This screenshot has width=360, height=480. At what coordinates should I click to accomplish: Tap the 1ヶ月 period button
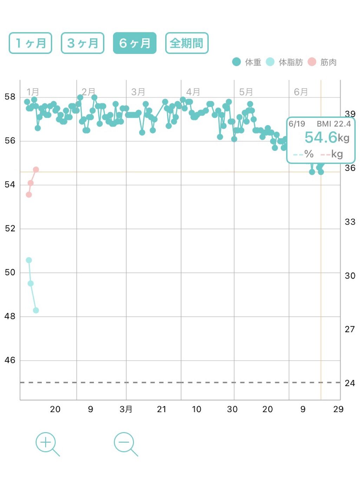30,43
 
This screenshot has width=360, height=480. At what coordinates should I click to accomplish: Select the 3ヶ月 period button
83,43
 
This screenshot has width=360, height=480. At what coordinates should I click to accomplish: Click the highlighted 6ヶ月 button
135,43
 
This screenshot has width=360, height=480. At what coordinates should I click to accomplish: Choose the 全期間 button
187,43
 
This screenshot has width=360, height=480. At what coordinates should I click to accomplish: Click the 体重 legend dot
236,62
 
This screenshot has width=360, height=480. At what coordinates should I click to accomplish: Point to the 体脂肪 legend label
290,62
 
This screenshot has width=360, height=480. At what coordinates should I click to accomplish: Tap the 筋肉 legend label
328,62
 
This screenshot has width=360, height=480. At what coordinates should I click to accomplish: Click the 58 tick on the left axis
10,97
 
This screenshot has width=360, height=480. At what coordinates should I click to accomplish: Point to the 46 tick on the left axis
10,360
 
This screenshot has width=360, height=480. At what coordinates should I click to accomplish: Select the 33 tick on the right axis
350,222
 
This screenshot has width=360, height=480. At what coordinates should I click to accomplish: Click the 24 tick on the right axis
350,383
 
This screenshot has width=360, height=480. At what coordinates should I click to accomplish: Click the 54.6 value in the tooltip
321,137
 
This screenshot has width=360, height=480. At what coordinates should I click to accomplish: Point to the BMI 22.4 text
334,124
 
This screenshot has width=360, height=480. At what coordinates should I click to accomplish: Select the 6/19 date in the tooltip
297,124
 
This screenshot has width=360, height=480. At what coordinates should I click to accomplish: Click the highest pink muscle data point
36,169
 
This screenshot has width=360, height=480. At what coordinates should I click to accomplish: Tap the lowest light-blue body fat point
36,310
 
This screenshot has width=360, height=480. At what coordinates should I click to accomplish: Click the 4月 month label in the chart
193,92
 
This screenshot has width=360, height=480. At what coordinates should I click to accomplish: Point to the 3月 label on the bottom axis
126,409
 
